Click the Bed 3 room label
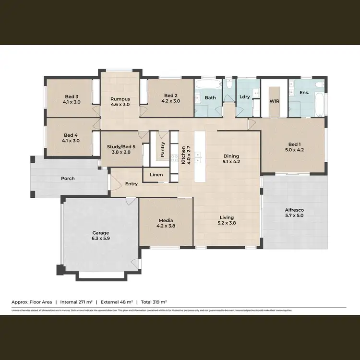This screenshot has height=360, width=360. [x=71, y=96]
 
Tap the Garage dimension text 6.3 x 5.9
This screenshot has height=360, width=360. [x=101, y=238]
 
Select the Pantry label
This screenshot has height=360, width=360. [x=163, y=149]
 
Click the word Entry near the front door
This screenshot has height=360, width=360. [x=132, y=184]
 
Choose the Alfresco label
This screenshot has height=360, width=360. [x=294, y=210]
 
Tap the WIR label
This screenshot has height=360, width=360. [x=275, y=102]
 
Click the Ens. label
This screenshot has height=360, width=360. [x=304, y=92]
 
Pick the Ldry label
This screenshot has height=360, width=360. [x=244, y=97]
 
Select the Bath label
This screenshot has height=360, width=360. [x=210, y=98]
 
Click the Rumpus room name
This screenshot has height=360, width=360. [x=120, y=99]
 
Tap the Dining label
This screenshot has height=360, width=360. [x=230, y=156]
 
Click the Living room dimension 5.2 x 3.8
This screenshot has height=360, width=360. [x=227, y=223]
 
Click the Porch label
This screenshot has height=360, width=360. [x=68, y=179]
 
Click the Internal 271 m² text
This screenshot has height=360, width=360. [x=76, y=302]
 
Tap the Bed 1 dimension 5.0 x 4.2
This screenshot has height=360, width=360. [x=293, y=150]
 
